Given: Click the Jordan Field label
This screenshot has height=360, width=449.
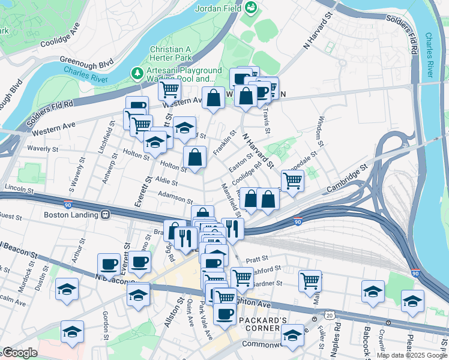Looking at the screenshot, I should point(220,9).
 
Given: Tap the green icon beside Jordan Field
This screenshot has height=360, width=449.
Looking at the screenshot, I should point(251,8).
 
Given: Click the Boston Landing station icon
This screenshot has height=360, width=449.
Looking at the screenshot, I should point(105,214).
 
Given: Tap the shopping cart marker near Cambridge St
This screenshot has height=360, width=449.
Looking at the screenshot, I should point(292,179).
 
